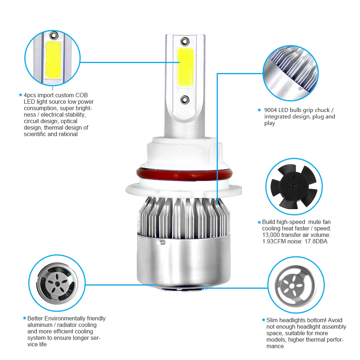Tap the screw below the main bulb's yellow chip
click(x=185, y=99)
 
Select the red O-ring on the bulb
click(x=179, y=175)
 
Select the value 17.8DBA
click(x=315, y=242)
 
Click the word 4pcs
click(x=31, y=95)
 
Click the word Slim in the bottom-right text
click(x=273, y=320)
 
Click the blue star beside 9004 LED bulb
click(x=259, y=110)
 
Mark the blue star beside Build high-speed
click(x=259, y=222)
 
